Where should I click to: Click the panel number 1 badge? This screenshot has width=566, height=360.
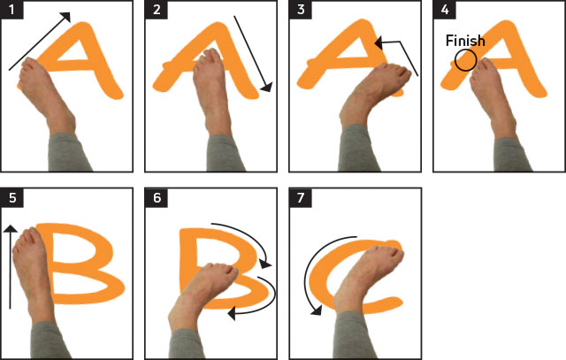(11, 10)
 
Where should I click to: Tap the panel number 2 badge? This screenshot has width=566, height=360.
(157, 10)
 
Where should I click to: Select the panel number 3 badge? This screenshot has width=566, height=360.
(301, 10)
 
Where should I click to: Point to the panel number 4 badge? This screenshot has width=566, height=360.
(445, 10)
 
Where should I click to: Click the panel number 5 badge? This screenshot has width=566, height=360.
(12, 197)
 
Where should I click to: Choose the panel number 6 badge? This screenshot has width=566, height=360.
(157, 197)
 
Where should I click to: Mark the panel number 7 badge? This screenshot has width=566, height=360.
(301, 197)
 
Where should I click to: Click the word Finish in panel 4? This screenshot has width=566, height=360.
(465, 41)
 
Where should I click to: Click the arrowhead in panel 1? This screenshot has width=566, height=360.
(66, 16)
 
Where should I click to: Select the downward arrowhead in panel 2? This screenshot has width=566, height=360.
(267, 88)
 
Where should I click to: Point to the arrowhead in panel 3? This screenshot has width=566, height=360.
(379, 43)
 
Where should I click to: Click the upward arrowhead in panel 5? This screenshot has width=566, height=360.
(11, 228)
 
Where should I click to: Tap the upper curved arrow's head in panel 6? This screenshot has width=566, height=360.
(265, 264)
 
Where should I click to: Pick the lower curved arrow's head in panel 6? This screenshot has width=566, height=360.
(232, 313)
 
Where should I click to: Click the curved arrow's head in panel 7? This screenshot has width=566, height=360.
(317, 310)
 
